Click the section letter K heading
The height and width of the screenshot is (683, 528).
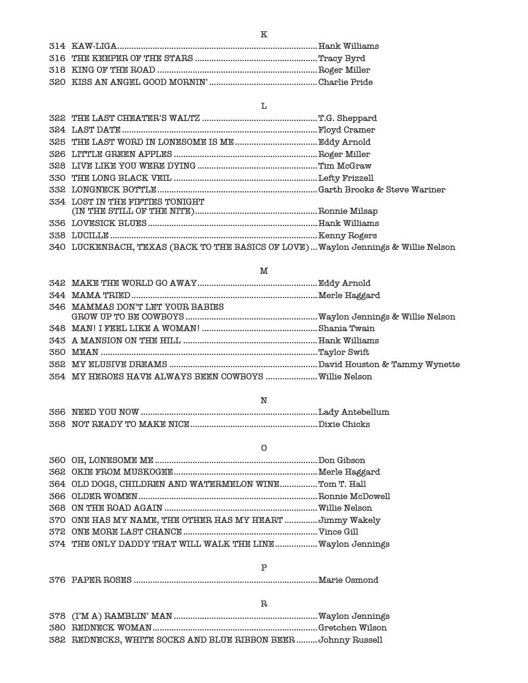[264, 34]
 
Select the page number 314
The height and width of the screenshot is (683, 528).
[57, 46]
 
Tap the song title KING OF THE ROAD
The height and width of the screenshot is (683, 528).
[113, 70]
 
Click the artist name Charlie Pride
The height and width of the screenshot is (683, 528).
[345, 82]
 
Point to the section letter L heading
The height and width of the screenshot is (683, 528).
[264, 106]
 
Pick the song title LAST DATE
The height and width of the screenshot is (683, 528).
[96, 130]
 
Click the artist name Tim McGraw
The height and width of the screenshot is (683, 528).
[345, 166]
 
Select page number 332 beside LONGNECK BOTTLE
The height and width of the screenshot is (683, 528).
[57, 190]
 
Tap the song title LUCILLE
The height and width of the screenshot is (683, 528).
[90, 236]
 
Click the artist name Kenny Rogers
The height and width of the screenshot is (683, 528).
[348, 236]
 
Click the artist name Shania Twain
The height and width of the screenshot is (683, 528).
[346, 329]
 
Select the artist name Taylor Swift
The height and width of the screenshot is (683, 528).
[343, 352]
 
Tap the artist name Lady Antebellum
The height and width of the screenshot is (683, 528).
[354, 412]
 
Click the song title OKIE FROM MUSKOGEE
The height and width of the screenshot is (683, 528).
[122, 472]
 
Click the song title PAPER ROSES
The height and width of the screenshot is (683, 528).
[101, 580]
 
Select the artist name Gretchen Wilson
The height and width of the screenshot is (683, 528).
[353, 628]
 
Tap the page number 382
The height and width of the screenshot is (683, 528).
[57, 640]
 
